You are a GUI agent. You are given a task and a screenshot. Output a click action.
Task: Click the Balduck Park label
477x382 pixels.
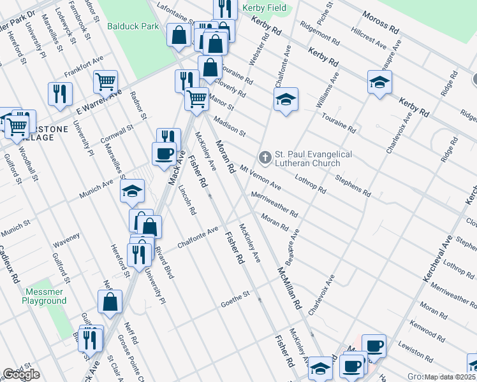tap(133, 27)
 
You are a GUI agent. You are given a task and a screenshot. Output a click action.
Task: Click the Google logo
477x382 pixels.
tap(21, 374)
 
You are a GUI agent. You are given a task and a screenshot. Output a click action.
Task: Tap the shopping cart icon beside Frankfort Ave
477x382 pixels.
tap(105, 81)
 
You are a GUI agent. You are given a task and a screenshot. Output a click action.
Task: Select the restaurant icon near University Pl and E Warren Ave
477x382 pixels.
tap(59, 93)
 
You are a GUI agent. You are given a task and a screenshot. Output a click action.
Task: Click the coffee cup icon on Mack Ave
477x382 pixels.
tap(164, 153)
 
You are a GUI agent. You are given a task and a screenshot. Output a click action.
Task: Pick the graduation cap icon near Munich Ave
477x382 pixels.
tap(132, 190)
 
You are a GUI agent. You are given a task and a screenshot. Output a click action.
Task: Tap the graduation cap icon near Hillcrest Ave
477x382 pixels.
tap(379, 81)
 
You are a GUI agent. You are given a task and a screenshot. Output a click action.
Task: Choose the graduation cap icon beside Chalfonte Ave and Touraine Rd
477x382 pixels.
tap(286, 99)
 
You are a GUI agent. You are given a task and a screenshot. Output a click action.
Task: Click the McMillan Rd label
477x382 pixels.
tap(288, 288)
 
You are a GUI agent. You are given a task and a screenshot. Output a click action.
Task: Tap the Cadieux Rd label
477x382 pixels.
tap(11, 265)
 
